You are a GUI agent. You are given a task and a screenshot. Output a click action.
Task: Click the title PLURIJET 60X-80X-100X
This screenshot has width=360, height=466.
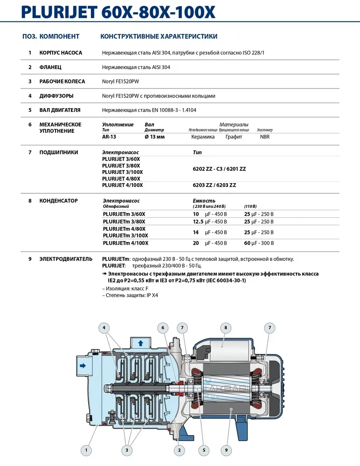(118, 12)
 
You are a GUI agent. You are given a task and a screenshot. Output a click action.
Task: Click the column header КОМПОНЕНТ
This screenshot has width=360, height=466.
(60, 36)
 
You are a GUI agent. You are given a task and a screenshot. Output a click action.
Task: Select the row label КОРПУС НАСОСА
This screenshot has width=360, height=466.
(61, 53)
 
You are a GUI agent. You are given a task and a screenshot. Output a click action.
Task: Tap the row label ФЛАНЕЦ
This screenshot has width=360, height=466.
(50, 67)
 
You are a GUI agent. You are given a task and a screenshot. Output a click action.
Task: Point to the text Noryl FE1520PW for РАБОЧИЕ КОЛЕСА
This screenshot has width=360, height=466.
(120, 82)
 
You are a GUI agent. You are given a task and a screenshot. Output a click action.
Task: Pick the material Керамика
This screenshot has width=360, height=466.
(203, 137)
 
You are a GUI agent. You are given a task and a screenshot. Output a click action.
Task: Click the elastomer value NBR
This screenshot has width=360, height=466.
(265, 137)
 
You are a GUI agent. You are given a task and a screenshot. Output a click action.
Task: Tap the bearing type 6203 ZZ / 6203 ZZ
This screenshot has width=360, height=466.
(215, 185)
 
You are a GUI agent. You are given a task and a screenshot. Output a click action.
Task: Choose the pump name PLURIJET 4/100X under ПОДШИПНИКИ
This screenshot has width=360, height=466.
(122, 185)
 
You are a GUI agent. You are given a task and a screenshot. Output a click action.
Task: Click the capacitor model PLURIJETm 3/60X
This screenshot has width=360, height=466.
(124, 214)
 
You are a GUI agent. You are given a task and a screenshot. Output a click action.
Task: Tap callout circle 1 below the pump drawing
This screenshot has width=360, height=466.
(86, 450)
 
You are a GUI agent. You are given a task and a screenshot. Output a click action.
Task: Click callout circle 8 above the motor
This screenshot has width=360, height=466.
(226, 328)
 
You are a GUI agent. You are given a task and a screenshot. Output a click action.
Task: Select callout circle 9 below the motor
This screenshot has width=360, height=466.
(226, 450)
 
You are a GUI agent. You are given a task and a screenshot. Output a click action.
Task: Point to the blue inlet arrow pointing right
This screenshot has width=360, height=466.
(83, 366)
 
